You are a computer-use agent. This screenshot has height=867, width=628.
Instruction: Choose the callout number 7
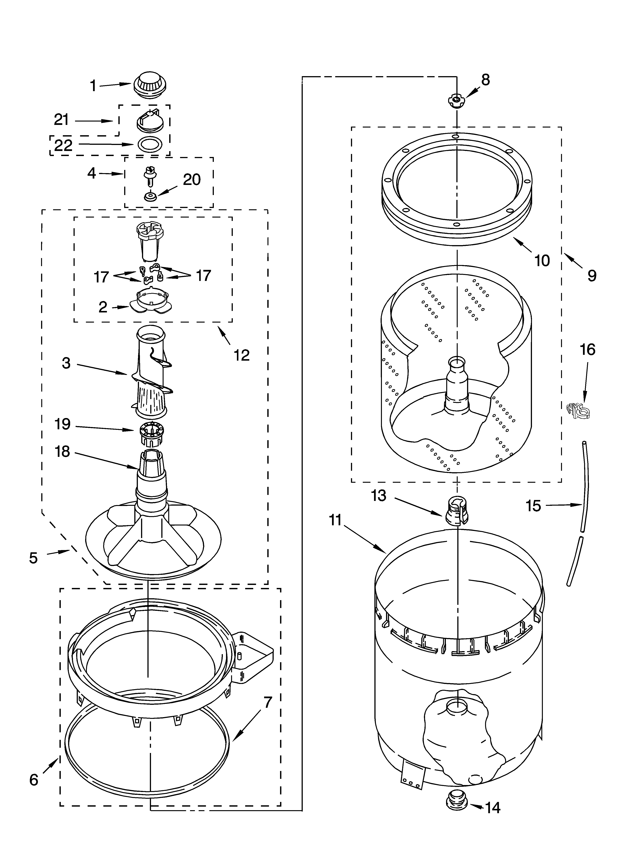(267, 702)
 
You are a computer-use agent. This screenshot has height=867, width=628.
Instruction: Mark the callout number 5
(34, 558)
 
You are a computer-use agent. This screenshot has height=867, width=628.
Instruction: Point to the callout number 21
(61, 120)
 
